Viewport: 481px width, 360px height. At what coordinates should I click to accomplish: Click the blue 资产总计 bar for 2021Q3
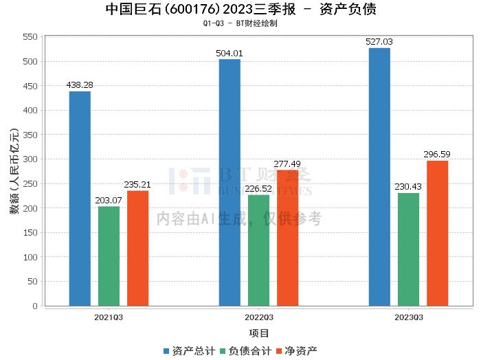point(80,199)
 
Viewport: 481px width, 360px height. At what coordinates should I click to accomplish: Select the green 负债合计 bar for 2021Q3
point(109,256)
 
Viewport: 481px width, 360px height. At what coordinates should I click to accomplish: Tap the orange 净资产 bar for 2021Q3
point(137,248)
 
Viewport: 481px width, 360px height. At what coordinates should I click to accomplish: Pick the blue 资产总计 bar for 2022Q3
point(230,182)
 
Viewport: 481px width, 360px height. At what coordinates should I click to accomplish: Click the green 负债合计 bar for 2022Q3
point(258,250)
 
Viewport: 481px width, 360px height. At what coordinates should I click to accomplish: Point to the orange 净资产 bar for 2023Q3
point(437,233)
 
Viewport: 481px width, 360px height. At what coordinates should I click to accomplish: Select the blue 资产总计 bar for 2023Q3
point(379,177)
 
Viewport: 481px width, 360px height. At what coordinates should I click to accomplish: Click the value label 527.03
point(379,42)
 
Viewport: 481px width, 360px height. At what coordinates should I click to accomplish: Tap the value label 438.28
point(80,85)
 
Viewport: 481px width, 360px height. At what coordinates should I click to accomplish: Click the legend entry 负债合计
point(245,350)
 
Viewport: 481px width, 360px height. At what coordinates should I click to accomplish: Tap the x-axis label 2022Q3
point(258,317)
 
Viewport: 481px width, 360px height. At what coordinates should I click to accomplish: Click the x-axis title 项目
point(259,333)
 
